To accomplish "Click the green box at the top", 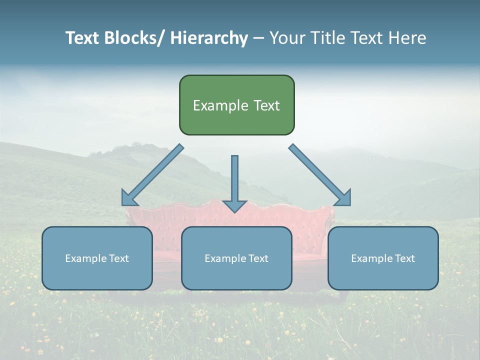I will point(236,105).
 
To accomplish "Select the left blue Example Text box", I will point(97,258).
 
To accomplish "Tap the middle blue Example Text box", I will point(236,258).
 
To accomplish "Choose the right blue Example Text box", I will point(383,258).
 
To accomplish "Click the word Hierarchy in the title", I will point(209,38).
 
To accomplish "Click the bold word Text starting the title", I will point(82,38).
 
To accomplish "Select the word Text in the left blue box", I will point(119,258).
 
